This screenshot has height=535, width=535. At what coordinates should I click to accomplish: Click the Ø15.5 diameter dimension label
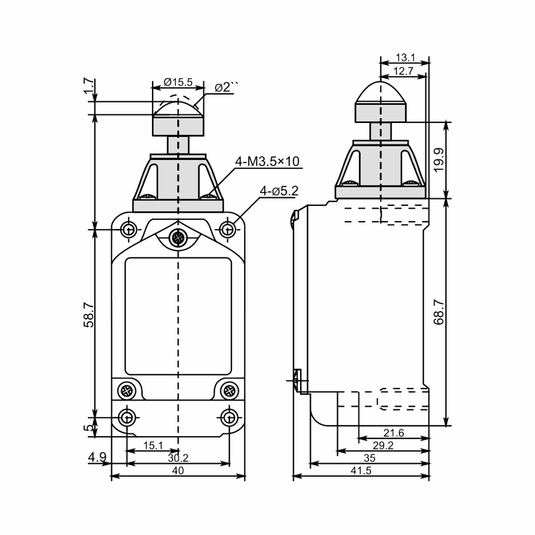tap(178, 82)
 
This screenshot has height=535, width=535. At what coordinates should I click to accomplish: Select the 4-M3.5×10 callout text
tap(267, 162)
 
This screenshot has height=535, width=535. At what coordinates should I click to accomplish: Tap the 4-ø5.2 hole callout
tap(279, 191)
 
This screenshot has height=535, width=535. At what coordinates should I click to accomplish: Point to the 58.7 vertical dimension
tap(89, 315)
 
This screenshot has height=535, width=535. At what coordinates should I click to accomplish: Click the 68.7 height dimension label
tap(439, 312)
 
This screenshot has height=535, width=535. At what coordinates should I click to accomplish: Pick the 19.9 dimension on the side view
tap(439, 160)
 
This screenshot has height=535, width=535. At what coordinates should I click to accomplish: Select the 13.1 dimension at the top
tap(405, 58)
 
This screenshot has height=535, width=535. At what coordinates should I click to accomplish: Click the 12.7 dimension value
tap(403, 71)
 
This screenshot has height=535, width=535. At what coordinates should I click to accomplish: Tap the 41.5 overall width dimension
tap(361, 470)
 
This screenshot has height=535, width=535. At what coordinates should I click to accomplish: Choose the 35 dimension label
tap(370, 458)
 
